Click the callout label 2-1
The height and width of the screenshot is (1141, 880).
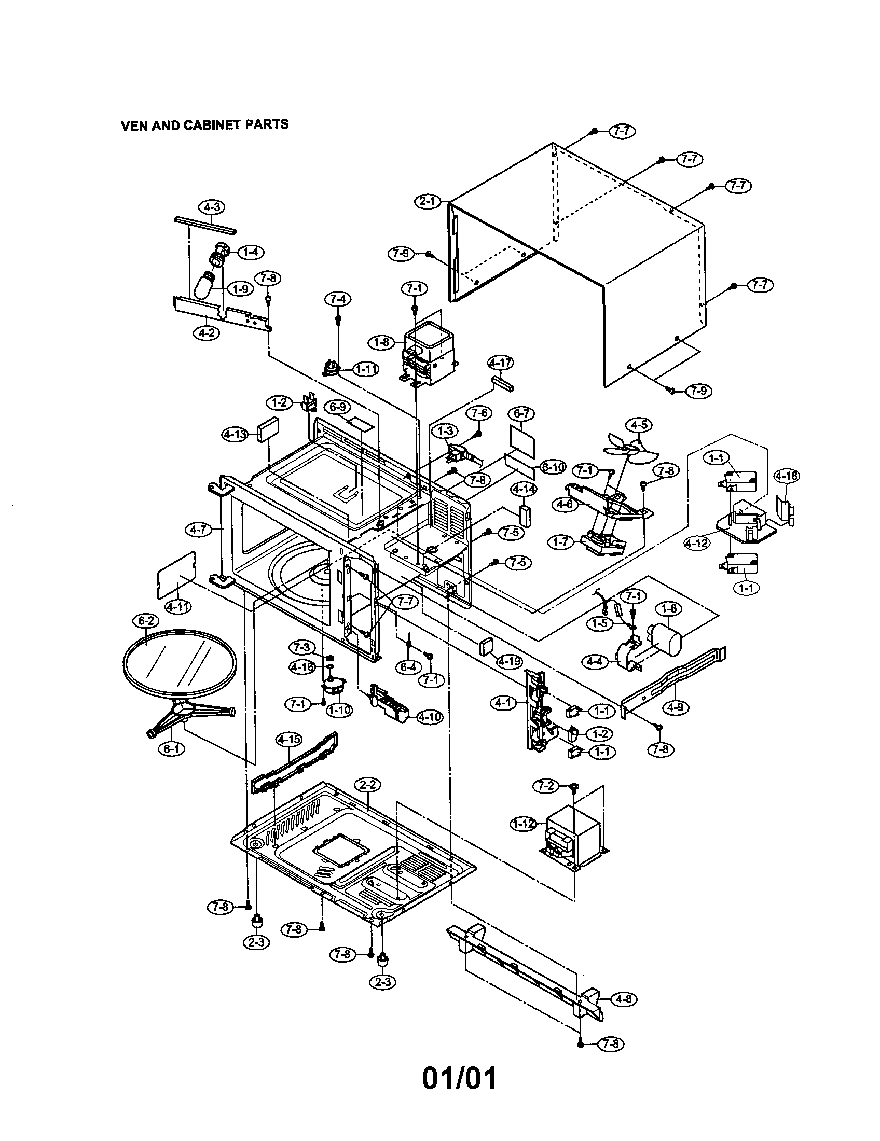[428, 201]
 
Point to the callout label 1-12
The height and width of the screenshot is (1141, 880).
[522, 824]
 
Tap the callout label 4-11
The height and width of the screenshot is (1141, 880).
[178, 607]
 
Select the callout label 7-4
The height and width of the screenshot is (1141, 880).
[337, 299]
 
